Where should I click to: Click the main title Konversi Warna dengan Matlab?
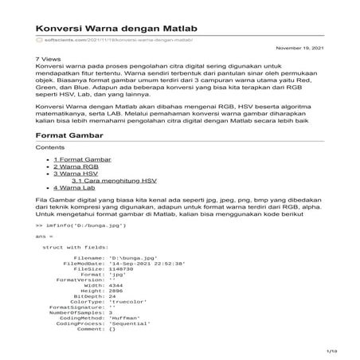pyautogui.click(x=117, y=27)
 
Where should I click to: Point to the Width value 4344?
pyautogui.click(x=115, y=284)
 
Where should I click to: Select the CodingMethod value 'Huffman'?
pyautogui.click(x=123, y=318)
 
